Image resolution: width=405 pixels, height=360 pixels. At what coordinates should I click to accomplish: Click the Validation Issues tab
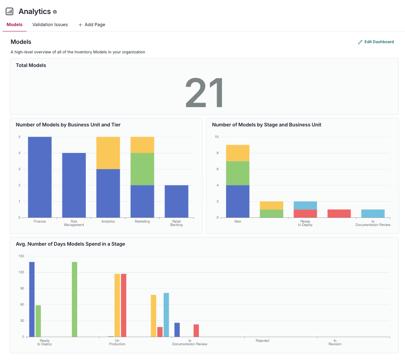(50, 25)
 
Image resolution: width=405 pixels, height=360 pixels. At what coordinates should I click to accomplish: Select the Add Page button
(92, 25)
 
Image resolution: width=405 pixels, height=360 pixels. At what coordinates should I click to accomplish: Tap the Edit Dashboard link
(376, 42)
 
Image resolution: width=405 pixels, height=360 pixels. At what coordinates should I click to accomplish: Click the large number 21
(204, 93)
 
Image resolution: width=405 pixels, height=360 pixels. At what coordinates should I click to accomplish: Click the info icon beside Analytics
(55, 12)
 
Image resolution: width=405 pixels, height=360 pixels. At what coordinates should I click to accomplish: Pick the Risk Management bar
(74, 185)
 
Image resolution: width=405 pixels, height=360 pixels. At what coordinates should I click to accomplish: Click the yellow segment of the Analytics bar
(108, 153)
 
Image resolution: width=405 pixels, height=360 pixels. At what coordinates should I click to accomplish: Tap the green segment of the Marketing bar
(142, 169)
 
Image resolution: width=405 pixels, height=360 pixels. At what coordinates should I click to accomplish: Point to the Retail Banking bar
(177, 201)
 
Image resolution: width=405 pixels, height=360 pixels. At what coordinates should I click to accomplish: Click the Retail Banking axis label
(177, 223)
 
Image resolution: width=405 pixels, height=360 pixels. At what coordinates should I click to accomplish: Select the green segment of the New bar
(237, 173)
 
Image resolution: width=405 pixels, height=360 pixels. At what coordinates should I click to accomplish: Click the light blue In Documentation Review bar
(373, 214)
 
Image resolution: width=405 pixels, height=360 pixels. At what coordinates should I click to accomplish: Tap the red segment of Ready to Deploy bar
(305, 214)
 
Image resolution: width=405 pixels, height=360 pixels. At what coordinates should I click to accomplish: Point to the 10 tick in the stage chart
(217, 137)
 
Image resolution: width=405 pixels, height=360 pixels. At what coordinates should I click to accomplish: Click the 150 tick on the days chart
(21, 256)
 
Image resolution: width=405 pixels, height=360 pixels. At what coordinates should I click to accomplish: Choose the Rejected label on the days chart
(262, 341)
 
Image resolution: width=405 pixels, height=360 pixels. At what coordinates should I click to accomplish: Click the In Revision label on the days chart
(335, 342)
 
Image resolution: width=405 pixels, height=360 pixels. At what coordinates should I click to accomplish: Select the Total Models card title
(31, 65)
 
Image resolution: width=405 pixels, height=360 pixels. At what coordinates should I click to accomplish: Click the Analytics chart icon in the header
(10, 11)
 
